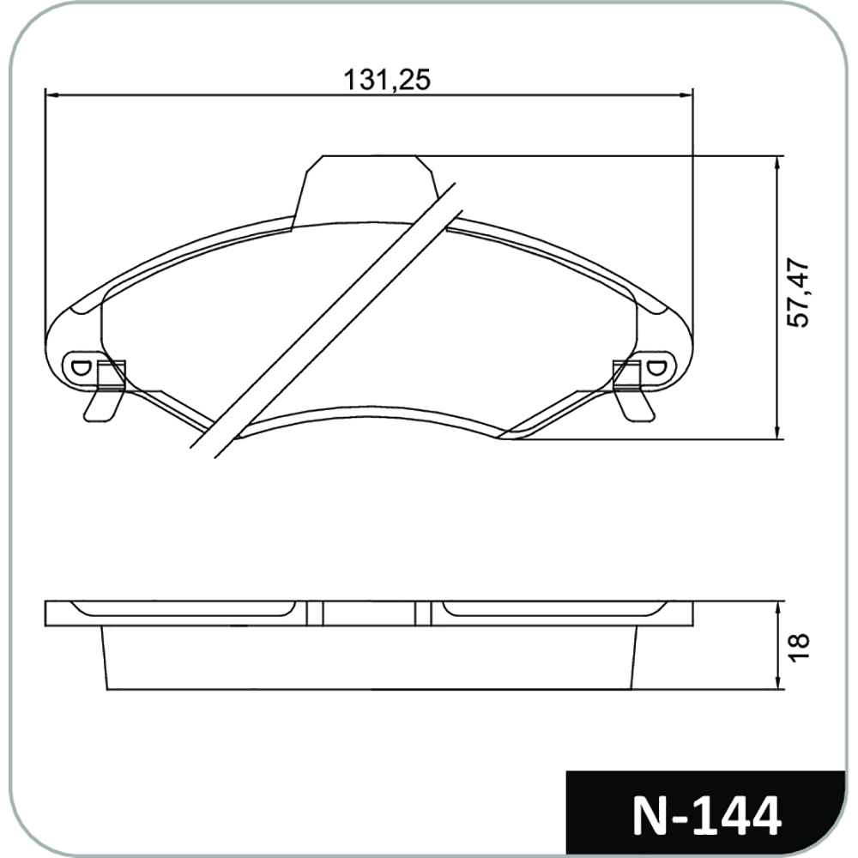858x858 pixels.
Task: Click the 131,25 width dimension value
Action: coord(387,79)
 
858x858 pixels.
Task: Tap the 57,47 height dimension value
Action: coord(798,293)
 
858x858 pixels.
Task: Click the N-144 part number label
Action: coord(706,816)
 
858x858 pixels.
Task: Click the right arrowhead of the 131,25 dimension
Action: coord(686,95)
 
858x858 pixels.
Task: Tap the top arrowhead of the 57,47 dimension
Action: coord(777,162)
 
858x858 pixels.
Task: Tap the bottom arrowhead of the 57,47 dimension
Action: coord(777,432)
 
